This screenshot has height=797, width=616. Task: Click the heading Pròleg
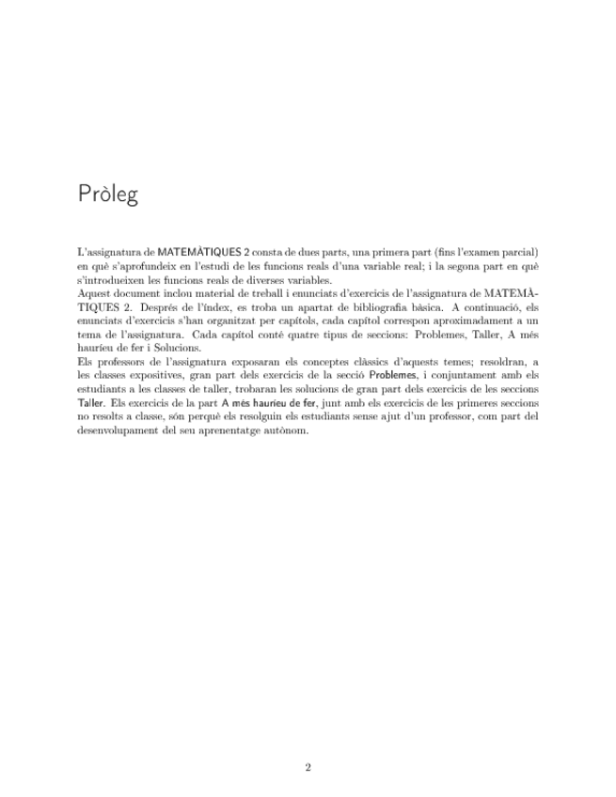point(108,195)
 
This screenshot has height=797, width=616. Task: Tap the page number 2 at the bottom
point(308,767)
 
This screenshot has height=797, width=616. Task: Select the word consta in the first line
point(271,253)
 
